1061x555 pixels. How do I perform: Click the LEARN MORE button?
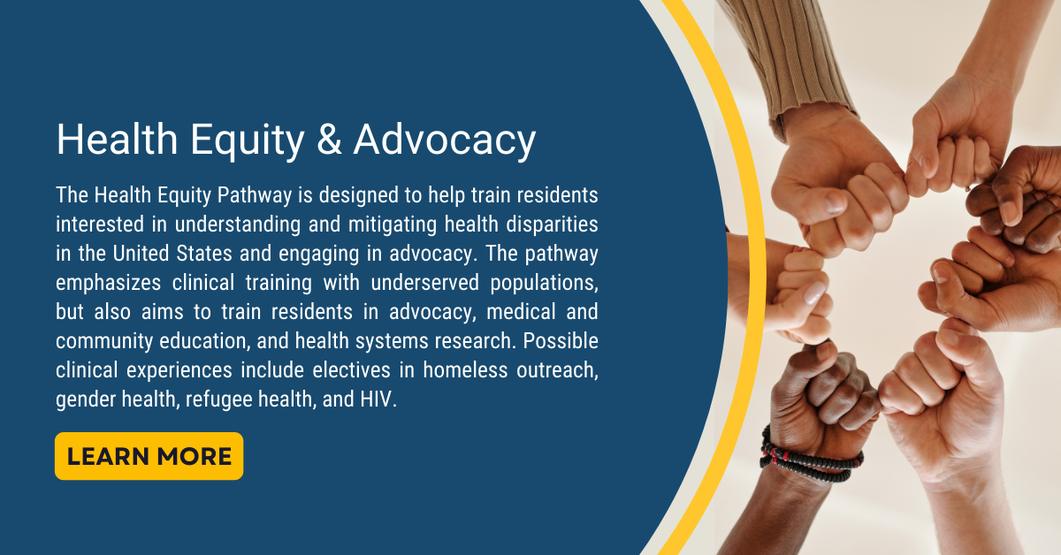click(149, 456)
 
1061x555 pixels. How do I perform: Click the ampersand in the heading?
click(328, 141)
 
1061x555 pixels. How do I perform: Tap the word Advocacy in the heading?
click(445, 141)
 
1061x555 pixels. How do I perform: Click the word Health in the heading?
click(112, 141)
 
